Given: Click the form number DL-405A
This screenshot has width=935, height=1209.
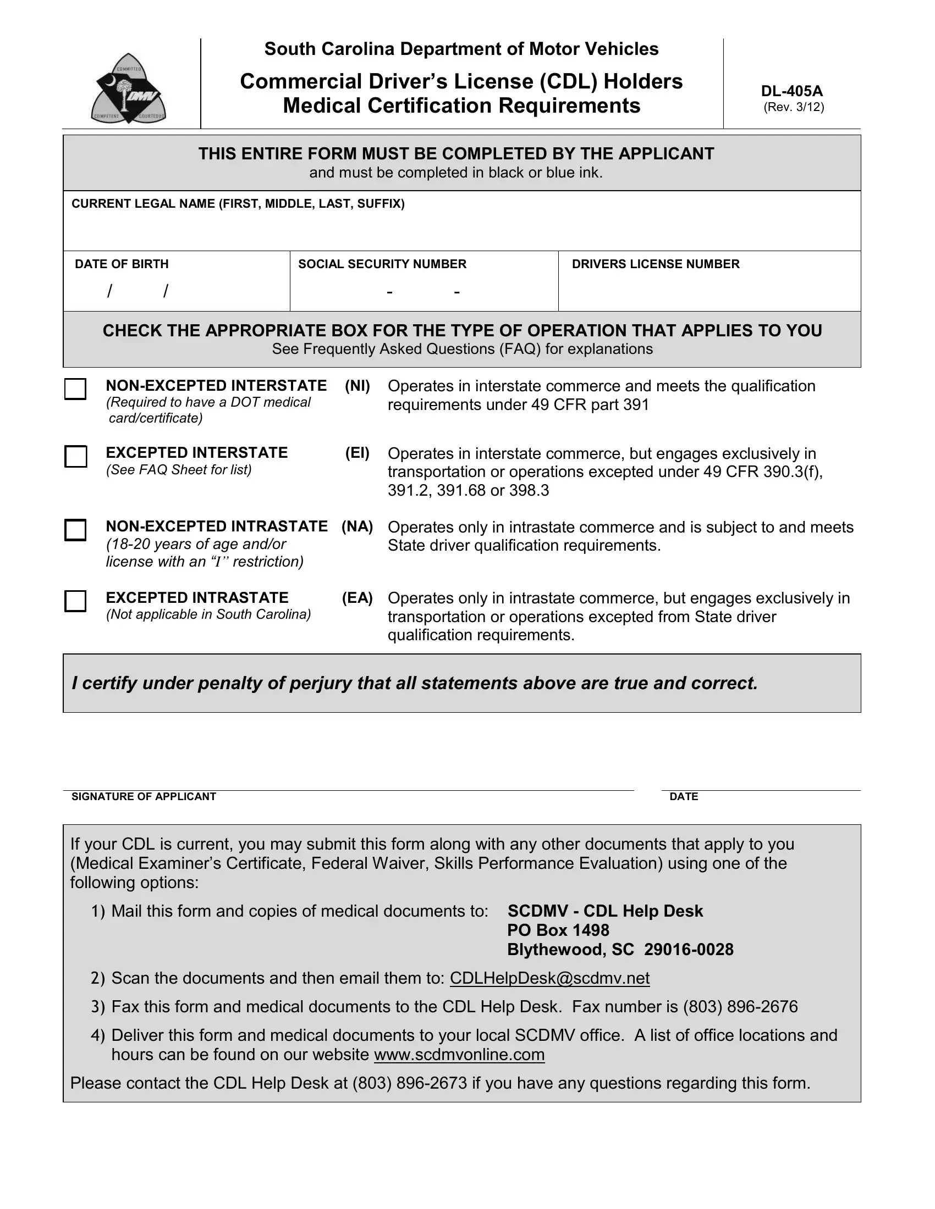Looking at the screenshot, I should pos(791,91).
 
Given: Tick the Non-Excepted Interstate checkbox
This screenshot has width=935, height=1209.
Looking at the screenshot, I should pos(75,389).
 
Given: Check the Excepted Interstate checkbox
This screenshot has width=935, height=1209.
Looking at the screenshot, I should pos(75,457).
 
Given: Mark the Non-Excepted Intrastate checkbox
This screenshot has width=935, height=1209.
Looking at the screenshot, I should pos(75,530).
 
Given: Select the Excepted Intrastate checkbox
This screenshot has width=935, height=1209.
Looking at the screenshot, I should pos(75,601).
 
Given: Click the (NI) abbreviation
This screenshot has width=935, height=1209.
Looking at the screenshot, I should pos(358,386).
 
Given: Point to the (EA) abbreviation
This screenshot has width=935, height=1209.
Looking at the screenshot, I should pos(358,598).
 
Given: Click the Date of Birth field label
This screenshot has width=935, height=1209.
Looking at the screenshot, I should pos(122,264).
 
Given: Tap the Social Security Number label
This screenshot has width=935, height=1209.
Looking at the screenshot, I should pos(382,264).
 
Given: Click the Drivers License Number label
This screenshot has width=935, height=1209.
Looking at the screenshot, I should pos(655,264).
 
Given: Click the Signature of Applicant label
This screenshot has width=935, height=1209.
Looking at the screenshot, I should pos(144,797).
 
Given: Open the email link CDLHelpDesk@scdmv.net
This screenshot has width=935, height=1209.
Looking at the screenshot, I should pos(549,978).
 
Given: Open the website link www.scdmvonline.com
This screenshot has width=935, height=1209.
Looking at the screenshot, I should pos(459,1055).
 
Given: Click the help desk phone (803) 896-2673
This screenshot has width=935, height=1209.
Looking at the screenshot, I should pos(409,1083).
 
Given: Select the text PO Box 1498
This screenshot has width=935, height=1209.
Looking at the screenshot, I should pos(558,930).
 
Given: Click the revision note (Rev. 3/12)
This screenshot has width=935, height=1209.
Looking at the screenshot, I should pos(793,107).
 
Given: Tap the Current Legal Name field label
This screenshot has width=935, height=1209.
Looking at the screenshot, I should pos(238,204).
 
